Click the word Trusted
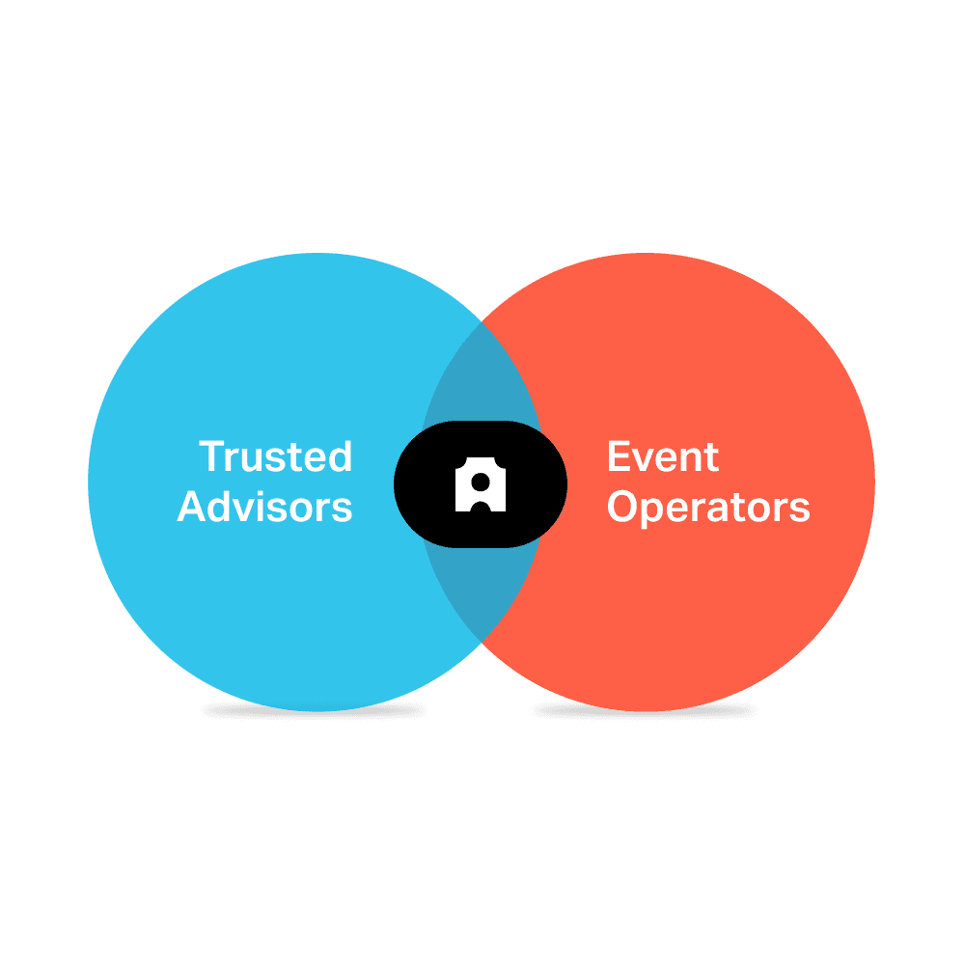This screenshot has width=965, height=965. [x=276, y=457]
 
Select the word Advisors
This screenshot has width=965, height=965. [x=265, y=507]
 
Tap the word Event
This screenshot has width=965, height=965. [x=663, y=457]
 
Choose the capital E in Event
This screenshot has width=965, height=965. [x=618, y=457]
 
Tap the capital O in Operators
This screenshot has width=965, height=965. [x=622, y=507]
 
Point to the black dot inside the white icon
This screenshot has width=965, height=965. [x=481, y=480]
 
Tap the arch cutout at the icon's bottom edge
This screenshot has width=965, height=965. [x=481, y=504]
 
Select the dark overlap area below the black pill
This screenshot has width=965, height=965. [x=481, y=589]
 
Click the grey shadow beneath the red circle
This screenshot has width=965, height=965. [x=647, y=711]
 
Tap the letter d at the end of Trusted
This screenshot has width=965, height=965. [x=340, y=457]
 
